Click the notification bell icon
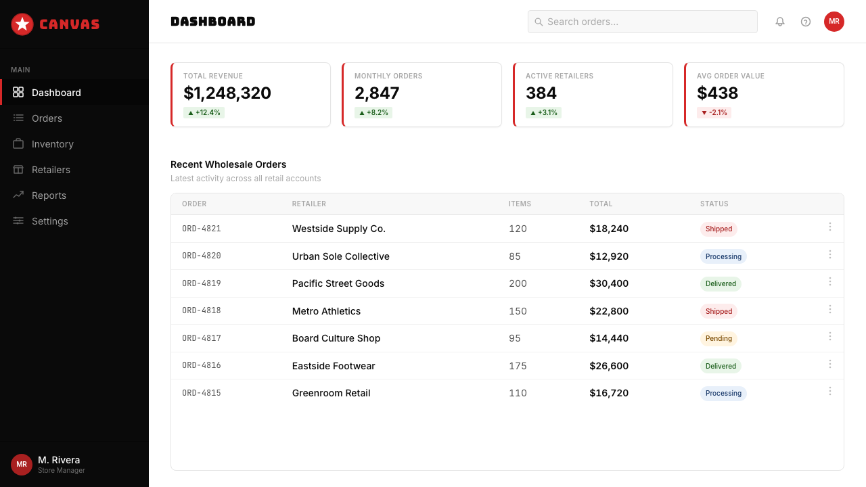point(780,22)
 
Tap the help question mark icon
point(805,22)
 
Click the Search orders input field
point(642,22)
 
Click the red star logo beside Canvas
point(22,24)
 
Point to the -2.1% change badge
point(714,112)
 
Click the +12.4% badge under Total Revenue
point(204,112)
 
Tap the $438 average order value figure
point(717,93)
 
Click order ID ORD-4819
point(202,283)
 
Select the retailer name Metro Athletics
point(326,311)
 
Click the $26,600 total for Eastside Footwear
point(608,366)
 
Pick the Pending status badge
point(719,339)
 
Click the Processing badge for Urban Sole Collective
point(723,256)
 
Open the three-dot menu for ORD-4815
point(829,391)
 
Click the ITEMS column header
point(520,204)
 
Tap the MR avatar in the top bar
point(834,22)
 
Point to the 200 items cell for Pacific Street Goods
point(518,283)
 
